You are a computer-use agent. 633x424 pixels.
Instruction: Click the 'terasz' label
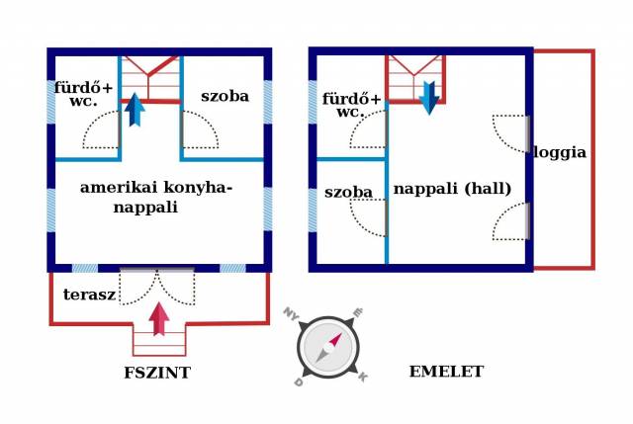pyautogui.click(x=89, y=295)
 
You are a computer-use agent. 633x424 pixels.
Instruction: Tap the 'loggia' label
pyautogui.click(x=561, y=153)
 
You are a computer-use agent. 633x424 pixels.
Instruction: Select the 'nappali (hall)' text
pyautogui.click(x=452, y=189)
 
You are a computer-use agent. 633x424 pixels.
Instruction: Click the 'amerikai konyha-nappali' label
pyautogui.click(x=156, y=197)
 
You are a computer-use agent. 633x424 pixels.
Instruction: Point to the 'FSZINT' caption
pyautogui.click(x=157, y=373)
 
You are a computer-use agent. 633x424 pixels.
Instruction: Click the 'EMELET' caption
pyautogui.click(x=446, y=372)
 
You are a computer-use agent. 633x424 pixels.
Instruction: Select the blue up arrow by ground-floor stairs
pyautogui.click(x=135, y=109)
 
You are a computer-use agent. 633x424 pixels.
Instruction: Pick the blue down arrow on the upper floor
pyautogui.click(x=429, y=98)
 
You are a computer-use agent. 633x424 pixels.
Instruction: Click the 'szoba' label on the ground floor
pyautogui.click(x=225, y=97)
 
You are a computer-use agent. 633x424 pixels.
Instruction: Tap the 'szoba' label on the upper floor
pyautogui.click(x=348, y=192)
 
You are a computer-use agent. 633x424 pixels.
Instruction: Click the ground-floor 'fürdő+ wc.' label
pyautogui.click(x=83, y=95)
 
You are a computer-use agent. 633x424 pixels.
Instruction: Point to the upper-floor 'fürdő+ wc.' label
pyautogui.click(x=351, y=105)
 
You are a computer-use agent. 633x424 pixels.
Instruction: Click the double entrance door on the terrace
pyautogui.click(x=158, y=286)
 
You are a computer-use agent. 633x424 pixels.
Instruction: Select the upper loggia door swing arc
pyautogui.click(x=509, y=133)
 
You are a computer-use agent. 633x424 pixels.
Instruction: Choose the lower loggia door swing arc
pyautogui.click(x=509, y=221)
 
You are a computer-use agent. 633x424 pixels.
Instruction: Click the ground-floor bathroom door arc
pyautogui.click(x=101, y=130)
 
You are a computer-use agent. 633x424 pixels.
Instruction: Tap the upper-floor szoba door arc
pyautogui.click(x=370, y=217)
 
